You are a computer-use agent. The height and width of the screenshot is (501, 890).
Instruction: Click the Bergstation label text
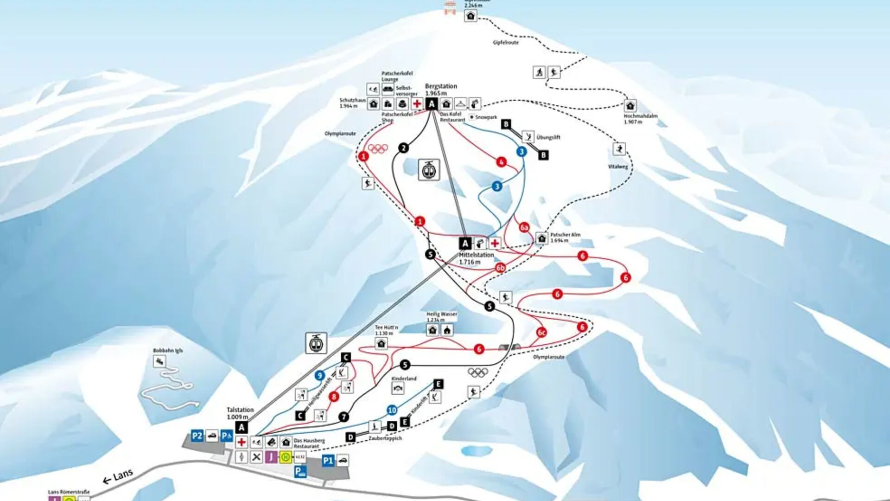coord(441,86)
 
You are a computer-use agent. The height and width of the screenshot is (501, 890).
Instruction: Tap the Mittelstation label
coord(476,255)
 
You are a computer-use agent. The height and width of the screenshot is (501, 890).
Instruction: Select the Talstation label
coord(240,410)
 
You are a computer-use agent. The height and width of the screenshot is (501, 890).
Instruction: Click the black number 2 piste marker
coord(404,148)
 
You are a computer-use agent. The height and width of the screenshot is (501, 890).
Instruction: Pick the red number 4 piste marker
coord(501,162)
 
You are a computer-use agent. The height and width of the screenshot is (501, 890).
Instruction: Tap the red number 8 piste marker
coord(334,397)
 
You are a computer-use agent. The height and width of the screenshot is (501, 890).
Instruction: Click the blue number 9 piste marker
coord(320,375)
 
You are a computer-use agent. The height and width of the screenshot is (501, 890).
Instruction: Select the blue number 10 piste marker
coord(392,410)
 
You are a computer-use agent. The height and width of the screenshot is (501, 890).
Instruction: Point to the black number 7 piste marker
coord(343,417)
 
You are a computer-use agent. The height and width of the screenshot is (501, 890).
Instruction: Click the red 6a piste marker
coord(524,227)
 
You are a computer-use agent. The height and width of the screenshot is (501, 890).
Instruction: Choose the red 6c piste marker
coord(541,332)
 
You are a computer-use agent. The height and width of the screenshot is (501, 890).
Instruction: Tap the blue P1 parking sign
coord(328,461)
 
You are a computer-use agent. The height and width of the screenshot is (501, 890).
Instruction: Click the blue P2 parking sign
coord(197,436)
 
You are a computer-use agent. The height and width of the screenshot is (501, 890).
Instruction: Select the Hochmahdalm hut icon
coord(630,105)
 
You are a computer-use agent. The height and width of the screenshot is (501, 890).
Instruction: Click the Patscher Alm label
coord(565,235)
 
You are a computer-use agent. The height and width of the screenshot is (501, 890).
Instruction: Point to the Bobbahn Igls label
coord(168,351)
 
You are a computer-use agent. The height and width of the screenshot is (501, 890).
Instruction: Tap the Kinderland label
coord(404,379)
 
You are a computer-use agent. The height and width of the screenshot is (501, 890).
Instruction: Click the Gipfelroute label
coord(506,43)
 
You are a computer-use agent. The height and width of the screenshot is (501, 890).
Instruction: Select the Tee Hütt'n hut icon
coord(381,343)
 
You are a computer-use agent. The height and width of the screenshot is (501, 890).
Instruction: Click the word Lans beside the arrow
coord(123,475)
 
